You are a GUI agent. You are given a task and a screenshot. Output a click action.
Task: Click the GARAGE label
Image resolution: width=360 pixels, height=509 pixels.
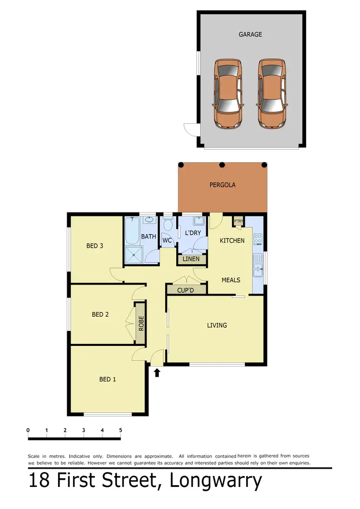click(x=250, y=35)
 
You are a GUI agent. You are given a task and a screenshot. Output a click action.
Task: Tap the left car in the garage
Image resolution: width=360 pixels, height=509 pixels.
click(x=228, y=94)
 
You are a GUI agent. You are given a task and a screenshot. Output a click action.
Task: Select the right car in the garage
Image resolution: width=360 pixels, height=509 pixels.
click(x=272, y=94)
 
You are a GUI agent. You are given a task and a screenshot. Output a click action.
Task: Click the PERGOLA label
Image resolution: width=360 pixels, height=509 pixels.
click(x=222, y=185)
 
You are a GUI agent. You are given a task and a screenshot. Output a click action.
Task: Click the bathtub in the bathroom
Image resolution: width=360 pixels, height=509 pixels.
click(x=132, y=231)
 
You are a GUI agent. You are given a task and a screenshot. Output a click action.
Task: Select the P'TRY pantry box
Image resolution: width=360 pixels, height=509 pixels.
click(x=239, y=221)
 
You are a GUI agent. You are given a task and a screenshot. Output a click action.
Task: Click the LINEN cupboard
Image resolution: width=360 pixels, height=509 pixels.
click(x=192, y=259)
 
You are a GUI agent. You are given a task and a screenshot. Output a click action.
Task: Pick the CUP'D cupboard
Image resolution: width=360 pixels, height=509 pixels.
click(x=186, y=290)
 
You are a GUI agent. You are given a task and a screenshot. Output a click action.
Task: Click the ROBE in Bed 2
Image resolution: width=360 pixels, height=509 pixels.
click(x=141, y=323)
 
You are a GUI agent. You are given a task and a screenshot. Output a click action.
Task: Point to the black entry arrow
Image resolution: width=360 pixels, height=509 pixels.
click(x=157, y=372)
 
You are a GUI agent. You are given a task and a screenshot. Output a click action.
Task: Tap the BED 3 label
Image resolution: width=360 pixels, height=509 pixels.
click(x=95, y=246)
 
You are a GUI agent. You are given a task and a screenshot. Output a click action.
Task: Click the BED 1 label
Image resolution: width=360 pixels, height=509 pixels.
click(x=108, y=379)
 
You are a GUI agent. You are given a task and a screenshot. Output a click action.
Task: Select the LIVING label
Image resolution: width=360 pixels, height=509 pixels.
click(x=217, y=325)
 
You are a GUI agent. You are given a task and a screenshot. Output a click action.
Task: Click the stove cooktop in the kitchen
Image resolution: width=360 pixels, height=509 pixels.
click(x=258, y=238)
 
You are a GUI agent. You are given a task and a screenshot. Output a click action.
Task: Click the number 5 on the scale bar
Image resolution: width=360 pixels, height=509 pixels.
click(x=120, y=430)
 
